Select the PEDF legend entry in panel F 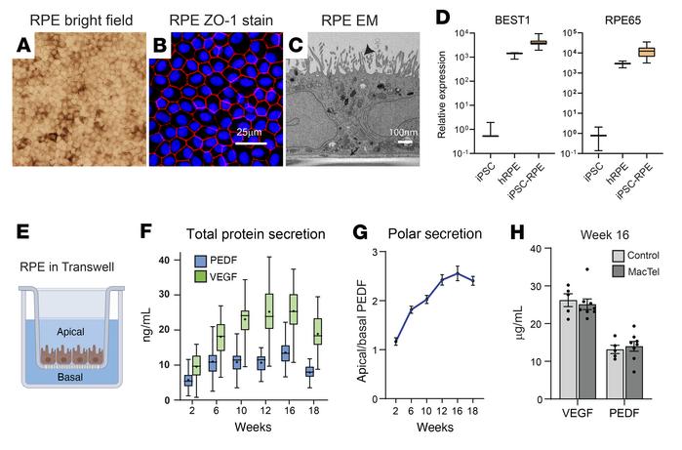click(210, 262)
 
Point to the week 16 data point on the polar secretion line click(458, 273)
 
